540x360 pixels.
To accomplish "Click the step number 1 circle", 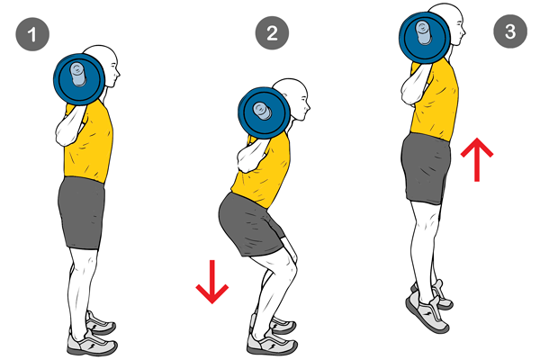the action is click(x=32, y=34).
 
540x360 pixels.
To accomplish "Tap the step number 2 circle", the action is click(x=272, y=32).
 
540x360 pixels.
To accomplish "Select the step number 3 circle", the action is click(x=510, y=31).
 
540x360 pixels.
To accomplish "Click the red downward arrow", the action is click(x=212, y=282).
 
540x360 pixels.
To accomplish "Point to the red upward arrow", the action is click(x=477, y=159).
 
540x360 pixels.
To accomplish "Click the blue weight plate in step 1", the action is click(x=79, y=79).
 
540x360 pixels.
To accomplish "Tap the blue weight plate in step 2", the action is click(x=264, y=112).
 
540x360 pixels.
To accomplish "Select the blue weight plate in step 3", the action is click(x=425, y=38).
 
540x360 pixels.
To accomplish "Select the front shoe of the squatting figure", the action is click(x=272, y=342).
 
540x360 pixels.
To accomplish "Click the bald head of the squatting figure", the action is click(x=293, y=99).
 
